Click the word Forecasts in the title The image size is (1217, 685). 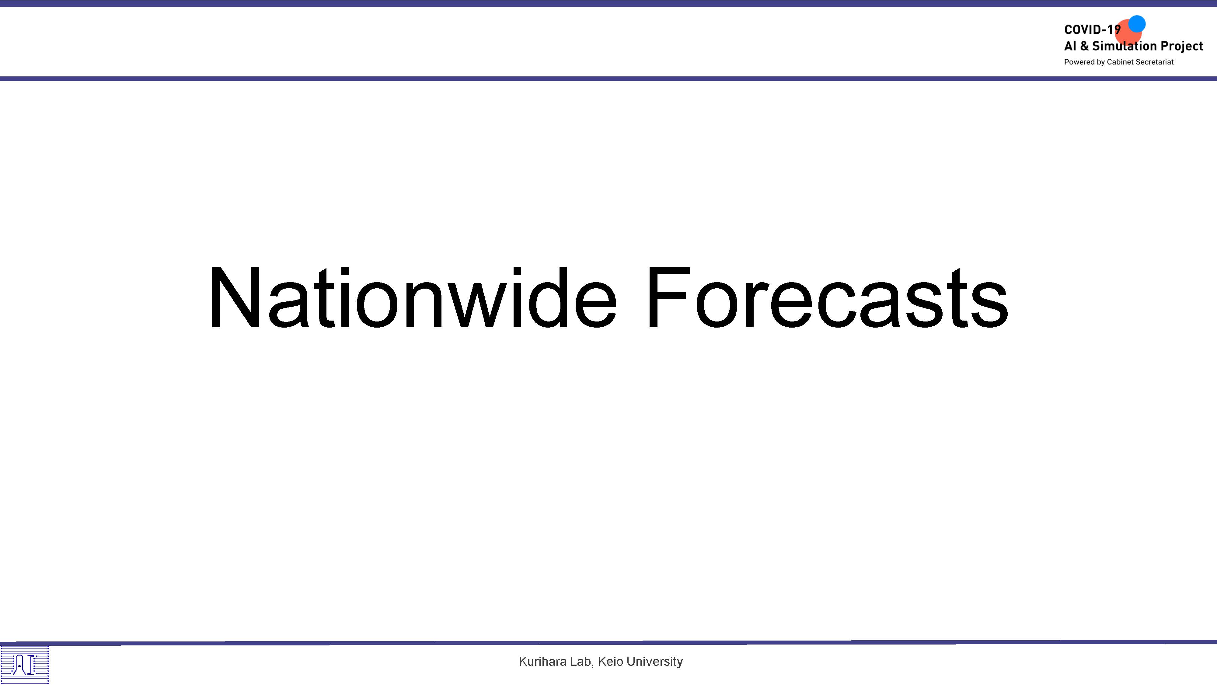828,297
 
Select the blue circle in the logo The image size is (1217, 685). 1137,24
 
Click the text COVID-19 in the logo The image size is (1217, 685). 1092,30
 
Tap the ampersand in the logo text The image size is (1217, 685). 1084,46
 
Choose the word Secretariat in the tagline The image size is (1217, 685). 1155,62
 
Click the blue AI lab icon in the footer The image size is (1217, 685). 25,665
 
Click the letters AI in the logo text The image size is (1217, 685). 1070,46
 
